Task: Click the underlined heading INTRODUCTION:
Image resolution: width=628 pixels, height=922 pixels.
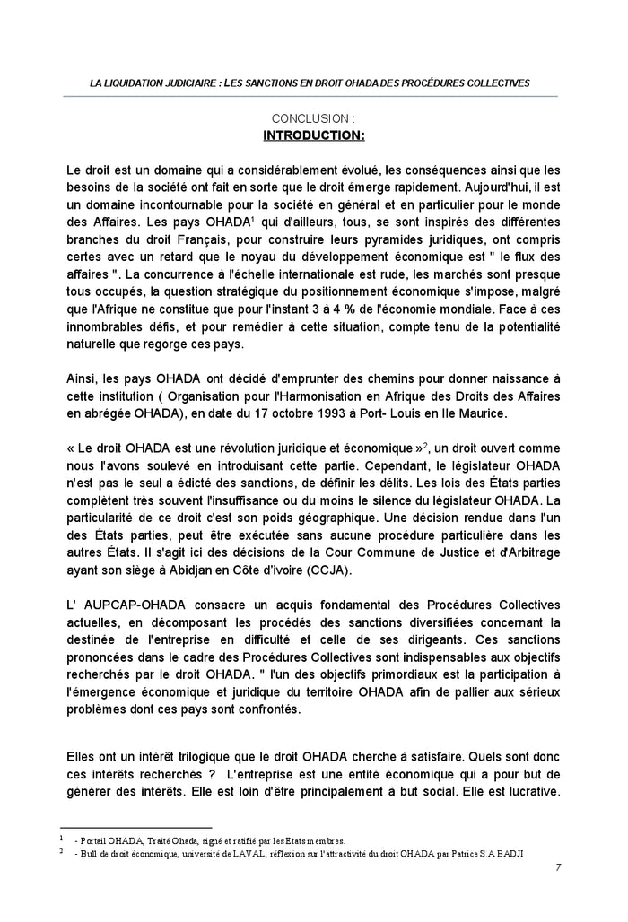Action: (x=313, y=135)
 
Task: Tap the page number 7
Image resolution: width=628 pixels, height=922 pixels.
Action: (x=558, y=866)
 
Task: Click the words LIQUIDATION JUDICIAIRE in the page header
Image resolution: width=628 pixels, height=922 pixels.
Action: (x=154, y=83)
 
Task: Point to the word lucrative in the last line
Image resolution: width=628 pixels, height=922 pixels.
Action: (x=530, y=792)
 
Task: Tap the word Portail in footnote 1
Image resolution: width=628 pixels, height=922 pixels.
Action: (x=94, y=840)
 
